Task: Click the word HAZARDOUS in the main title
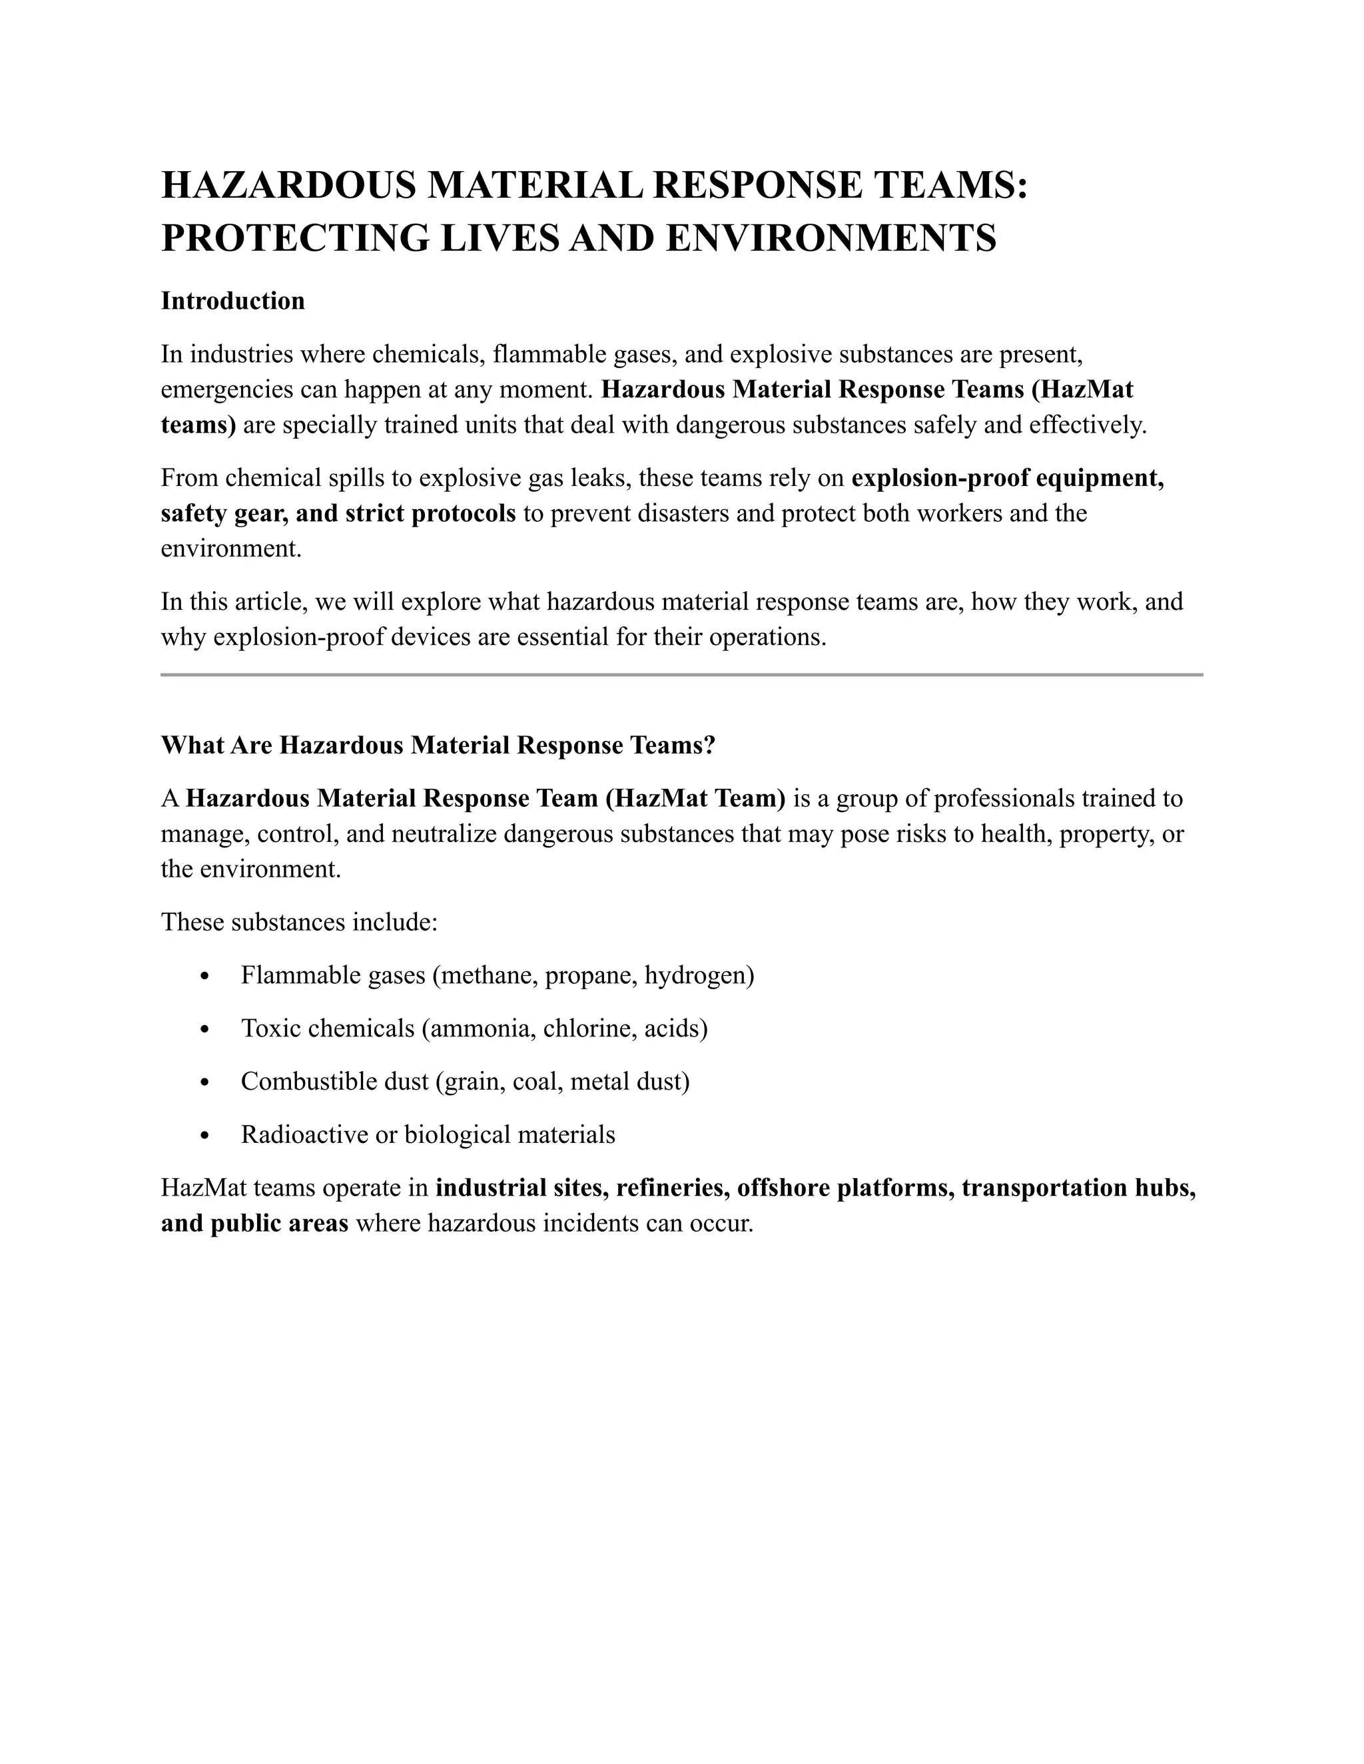pyautogui.click(x=288, y=185)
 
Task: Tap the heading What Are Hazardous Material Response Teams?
pyautogui.click(x=438, y=745)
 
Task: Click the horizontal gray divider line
pyautogui.click(x=681, y=674)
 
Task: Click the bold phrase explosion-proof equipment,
pyautogui.click(x=1007, y=478)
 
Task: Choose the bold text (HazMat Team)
pyautogui.click(x=694, y=798)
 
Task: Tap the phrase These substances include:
pyautogui.click(x=299, y=921)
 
